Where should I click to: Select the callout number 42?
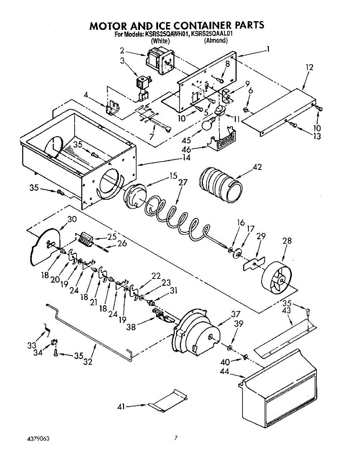[x=257, y=167]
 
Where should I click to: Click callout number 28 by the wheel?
[x=287, y=241]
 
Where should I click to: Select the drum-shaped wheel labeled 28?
[x=277, y=278]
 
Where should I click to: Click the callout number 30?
[x=72, y=219]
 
